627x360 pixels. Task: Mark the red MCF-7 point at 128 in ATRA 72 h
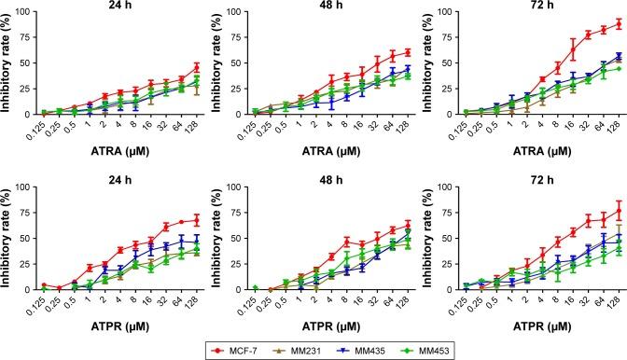click(x=619, y=23)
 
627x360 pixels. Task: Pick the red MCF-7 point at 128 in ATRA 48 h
click(x=408, y=52)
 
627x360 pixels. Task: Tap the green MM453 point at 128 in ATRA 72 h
click(x=619, y=68)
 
